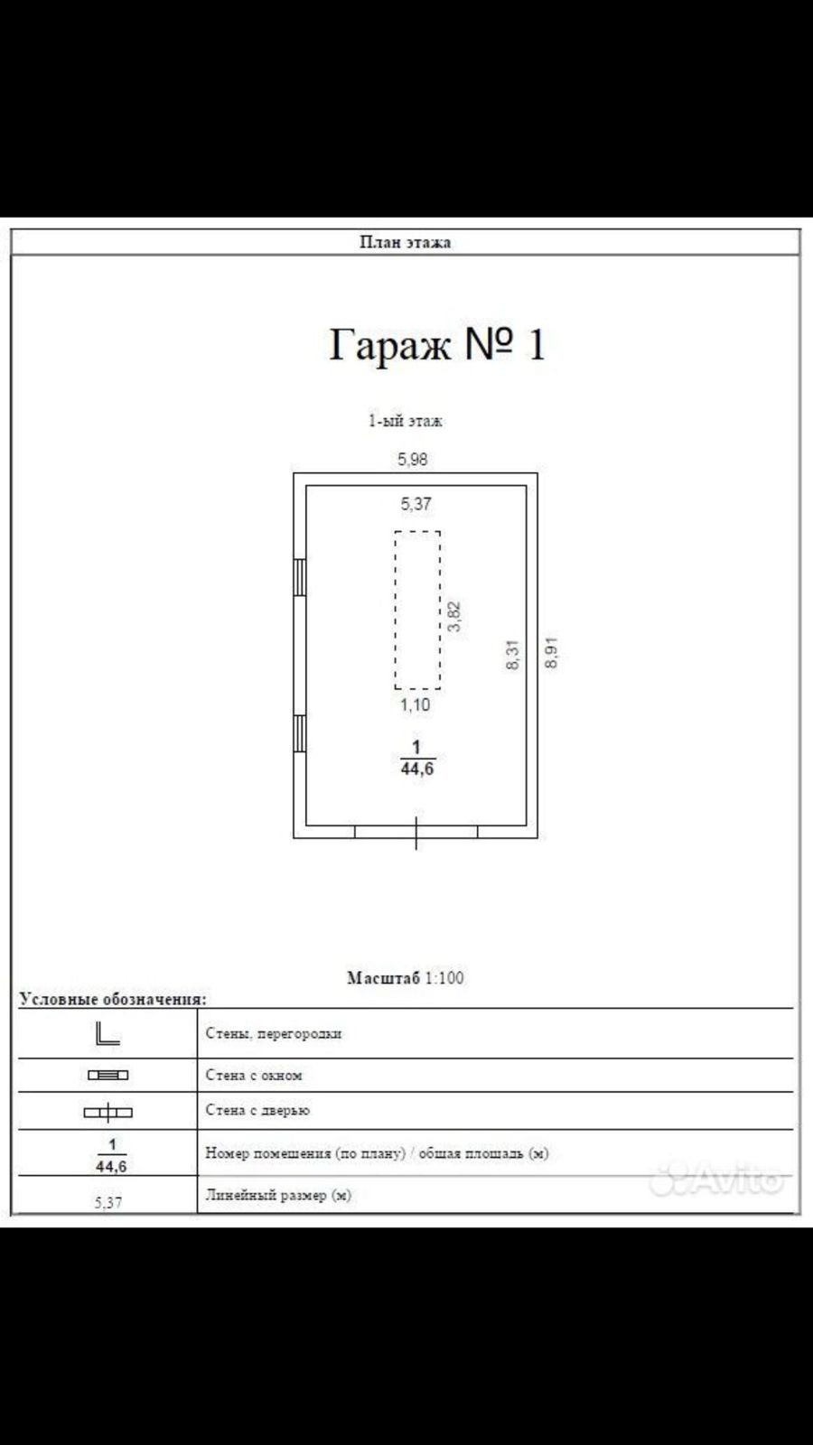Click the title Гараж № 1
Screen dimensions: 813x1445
click(x=437, y=344)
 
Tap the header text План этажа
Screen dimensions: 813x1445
click(x=405, y=242)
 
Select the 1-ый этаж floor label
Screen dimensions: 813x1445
click(x=405, y=421)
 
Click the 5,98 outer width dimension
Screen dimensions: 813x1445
click(x=413, y=459)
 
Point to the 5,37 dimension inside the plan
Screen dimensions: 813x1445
click(x=416, y=504)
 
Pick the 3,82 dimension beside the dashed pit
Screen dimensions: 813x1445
click(x=454, y=616)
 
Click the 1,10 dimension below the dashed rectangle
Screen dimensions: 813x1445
click(x=416, y=705)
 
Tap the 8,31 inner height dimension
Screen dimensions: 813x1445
click(x=512, y=654)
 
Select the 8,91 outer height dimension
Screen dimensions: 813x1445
click(x=552, y=652)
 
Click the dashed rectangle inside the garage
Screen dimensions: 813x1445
click(x=417, y=610)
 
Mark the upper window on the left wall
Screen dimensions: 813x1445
click(x=300, y=576)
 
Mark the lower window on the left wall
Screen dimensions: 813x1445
click(x=300, y=733)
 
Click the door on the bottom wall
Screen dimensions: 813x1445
click(x=416, y=832)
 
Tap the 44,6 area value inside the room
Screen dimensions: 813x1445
click(x=417, y=769)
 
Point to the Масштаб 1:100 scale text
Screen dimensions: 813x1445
click(x=406, y=978)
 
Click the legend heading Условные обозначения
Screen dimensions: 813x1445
click(x=113, y=999)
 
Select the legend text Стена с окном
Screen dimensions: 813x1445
click(x=254, y=1076)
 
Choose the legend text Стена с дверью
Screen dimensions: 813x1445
click(x=257, y=1111)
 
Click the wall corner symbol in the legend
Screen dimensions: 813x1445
click(x=107, y=1034)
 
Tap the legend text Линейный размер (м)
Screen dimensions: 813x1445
click(x=278, y=1195)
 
